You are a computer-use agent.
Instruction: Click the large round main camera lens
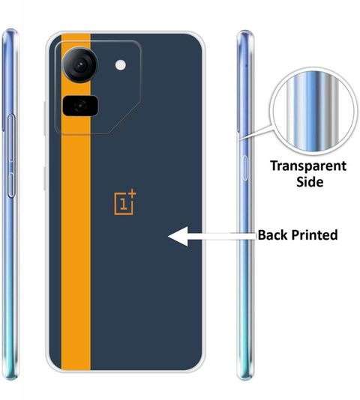tap(79, 64)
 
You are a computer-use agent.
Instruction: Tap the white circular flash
tap(120, 65)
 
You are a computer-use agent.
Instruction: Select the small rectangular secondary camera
tap(80, 105)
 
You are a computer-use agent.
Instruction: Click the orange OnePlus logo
tap(124, 202)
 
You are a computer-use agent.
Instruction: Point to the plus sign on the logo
tap(132, 193)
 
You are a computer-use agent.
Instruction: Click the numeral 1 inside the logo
tap(124, 204)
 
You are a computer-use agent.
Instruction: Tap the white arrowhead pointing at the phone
tap(178, 236)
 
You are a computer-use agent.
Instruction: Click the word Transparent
tap(308, 166)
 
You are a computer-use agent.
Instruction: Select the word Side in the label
tap(310, 181)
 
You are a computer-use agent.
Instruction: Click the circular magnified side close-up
tap(313, 112)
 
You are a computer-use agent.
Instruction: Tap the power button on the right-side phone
tap(244, 168)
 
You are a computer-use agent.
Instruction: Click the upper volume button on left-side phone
tap(11, 138)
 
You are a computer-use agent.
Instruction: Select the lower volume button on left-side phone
tap(10, 185)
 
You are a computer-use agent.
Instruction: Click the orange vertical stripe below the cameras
tap(76, 243)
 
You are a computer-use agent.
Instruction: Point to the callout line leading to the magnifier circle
tap(256, 132)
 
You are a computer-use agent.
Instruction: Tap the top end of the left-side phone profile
tap(10, 30)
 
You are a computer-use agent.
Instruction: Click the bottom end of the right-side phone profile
tap(244, 378)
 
